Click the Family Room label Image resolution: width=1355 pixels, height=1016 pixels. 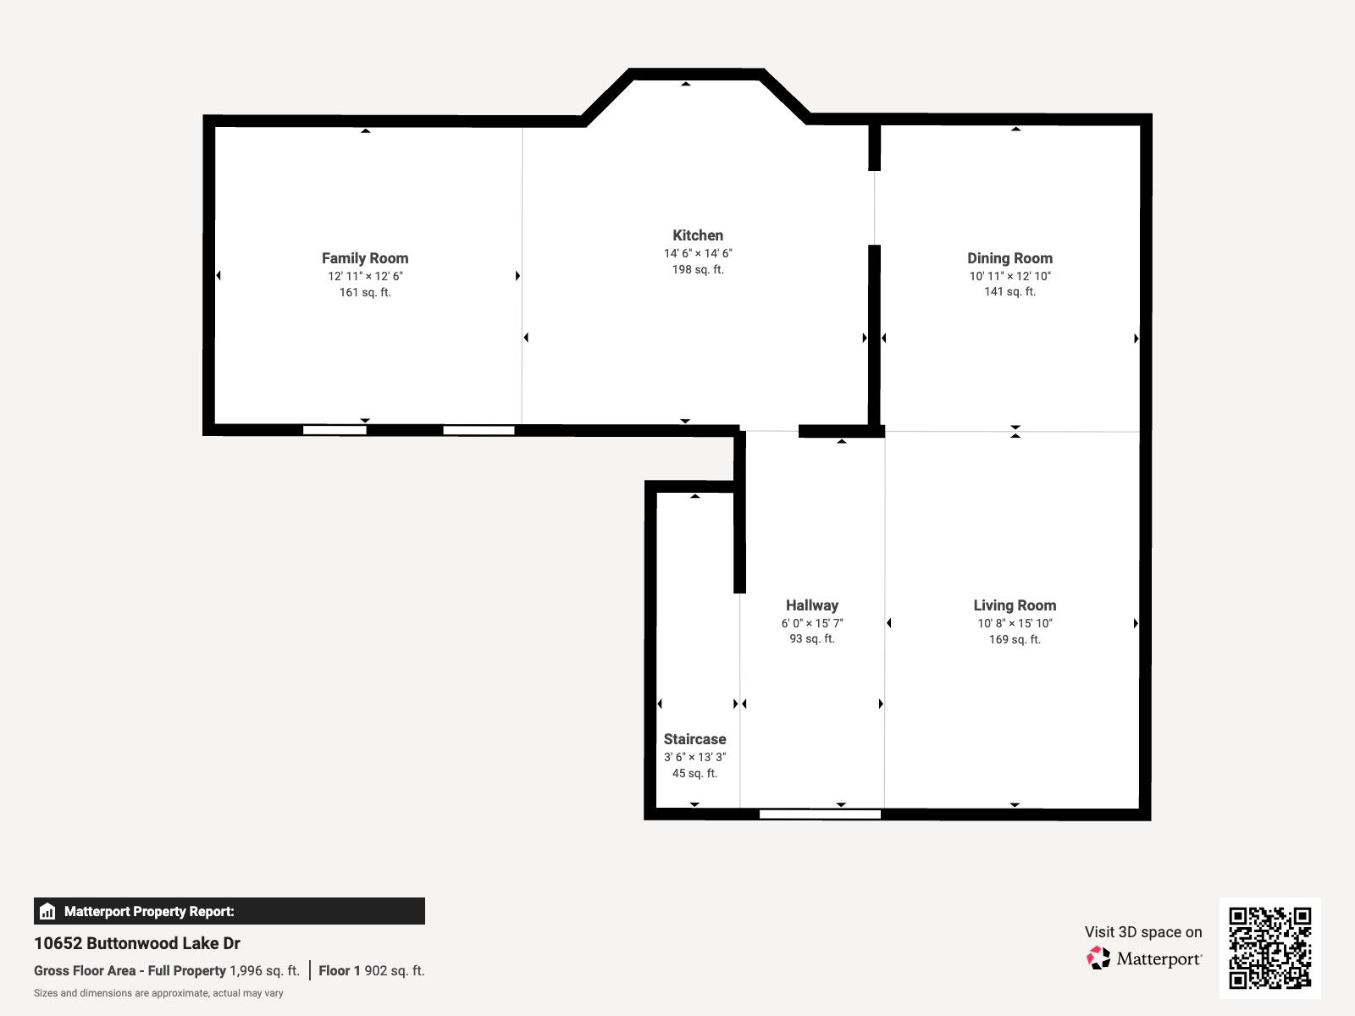click(365, 258)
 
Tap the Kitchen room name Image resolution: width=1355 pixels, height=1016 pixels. click(698, 235)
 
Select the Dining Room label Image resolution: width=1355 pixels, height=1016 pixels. click(1010, 258)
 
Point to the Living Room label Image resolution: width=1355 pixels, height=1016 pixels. click(1015, 605)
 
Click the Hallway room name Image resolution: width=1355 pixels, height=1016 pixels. click(812, 605)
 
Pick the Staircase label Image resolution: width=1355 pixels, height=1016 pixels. click(694, 739)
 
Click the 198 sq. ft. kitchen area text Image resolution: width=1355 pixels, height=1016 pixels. click(698, 269)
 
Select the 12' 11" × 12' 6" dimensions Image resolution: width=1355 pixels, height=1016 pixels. click(365, 276)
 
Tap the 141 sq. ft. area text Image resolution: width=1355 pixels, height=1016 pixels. click(1010, 292)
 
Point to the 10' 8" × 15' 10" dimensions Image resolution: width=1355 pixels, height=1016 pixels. click(1015, 624)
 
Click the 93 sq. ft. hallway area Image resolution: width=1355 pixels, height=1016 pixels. click(812, 639)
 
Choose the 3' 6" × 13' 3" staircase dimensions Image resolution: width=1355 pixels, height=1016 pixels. click(694, 757)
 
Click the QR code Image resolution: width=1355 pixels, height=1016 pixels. click(1269, 947)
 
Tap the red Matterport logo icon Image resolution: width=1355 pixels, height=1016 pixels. click(1098, 958)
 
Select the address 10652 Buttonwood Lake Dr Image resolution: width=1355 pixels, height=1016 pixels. click(137, 943)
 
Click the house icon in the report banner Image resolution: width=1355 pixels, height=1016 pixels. click(47, 911)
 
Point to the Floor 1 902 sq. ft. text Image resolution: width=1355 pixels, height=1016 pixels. click(372, 971)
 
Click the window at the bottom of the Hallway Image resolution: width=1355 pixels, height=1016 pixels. click(820, 814)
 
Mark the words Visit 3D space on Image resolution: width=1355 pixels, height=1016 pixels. click(1143, 932)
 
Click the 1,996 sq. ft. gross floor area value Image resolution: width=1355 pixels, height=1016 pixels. click(265, 971)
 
